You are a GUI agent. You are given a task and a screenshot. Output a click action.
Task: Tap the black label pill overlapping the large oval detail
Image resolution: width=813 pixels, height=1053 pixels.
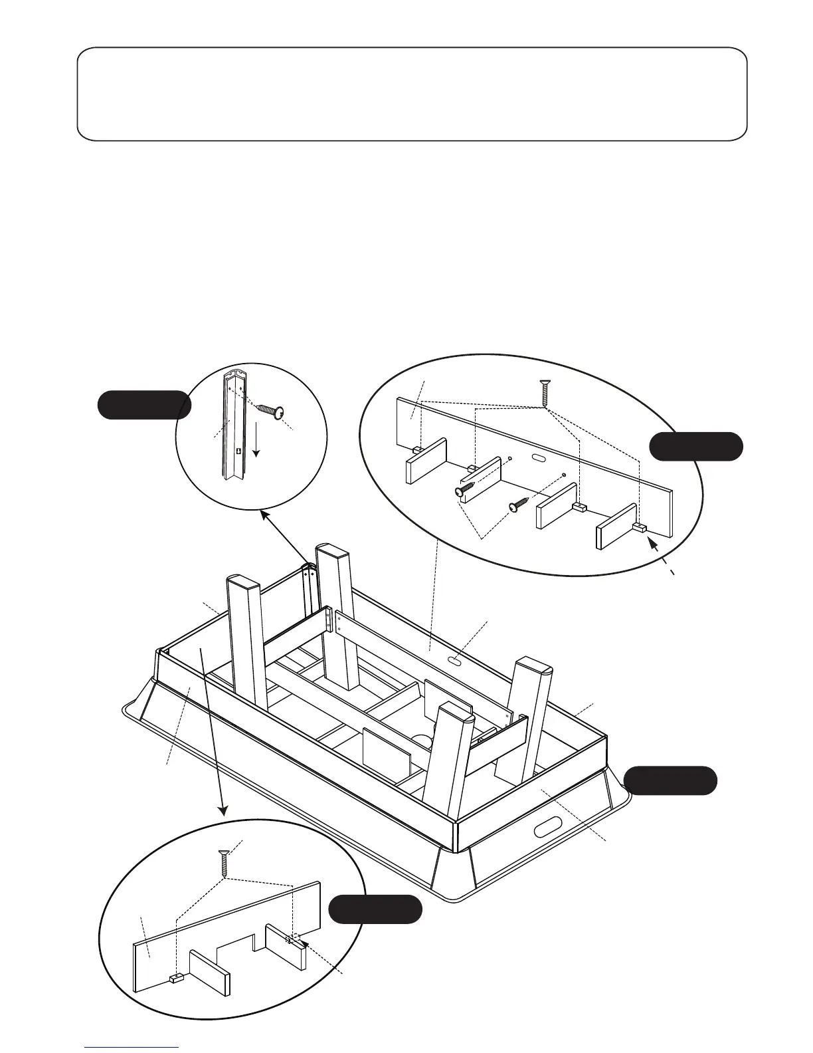point(695,446)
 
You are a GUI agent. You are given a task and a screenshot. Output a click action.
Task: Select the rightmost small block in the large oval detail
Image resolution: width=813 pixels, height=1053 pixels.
point(640,527)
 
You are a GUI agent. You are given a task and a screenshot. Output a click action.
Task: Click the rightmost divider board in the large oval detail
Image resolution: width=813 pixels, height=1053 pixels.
point(617,526)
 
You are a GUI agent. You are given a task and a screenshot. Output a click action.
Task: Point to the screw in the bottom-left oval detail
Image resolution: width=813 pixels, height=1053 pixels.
point(225,863)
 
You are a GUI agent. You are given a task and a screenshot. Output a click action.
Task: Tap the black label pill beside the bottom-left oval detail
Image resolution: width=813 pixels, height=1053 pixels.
point(375,909)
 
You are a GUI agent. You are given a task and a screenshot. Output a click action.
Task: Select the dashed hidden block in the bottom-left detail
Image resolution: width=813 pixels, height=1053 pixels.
point(293,939)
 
